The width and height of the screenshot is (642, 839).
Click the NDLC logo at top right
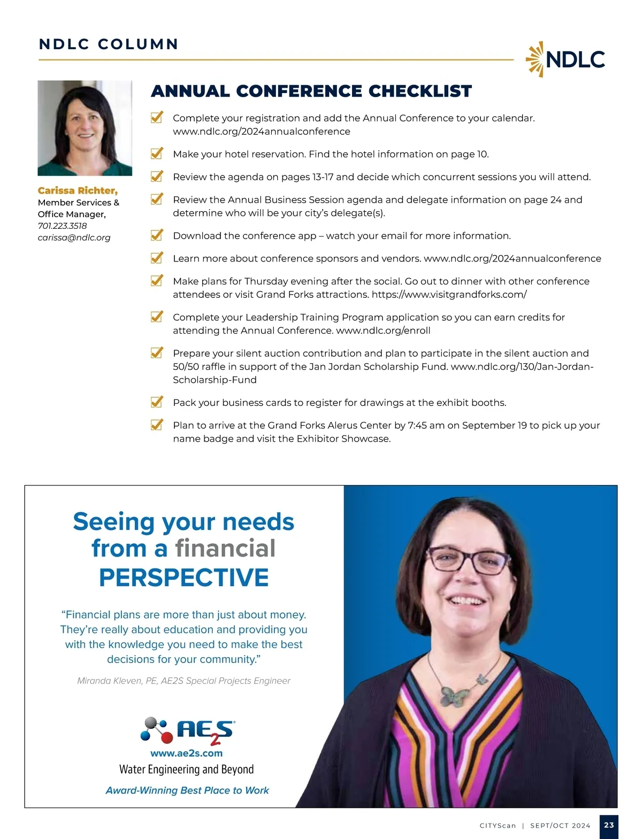[x=565, y=59]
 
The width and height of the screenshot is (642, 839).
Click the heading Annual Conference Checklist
[x=311, y=91]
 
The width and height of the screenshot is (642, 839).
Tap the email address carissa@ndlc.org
[x=74, y=237]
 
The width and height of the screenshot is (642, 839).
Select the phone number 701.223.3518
[x=62, y=226]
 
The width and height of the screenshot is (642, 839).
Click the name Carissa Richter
[x=78, y=190]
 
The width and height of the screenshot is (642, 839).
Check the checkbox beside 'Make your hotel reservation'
[x=157, y=153]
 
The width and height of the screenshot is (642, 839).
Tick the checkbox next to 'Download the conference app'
[x=157, y=235]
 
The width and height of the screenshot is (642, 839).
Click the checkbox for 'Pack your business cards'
[x=157, y=402]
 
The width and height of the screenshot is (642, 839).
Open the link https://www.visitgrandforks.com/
[x=449, y=295]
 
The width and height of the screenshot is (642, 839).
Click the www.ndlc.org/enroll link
[x=383, y=330]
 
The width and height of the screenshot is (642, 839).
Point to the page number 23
[x=609, y=825]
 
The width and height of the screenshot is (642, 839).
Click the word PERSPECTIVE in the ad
[x=184, y=578]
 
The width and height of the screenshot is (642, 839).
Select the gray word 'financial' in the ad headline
[x=225, y=549]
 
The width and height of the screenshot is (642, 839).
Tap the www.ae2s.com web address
[x=186, y=753]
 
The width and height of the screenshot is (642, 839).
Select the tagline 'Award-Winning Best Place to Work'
[x=187, y=790]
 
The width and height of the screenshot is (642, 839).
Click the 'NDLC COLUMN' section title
[x=109, y=44]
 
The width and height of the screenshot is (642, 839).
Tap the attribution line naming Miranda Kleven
[x=184, y=681]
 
